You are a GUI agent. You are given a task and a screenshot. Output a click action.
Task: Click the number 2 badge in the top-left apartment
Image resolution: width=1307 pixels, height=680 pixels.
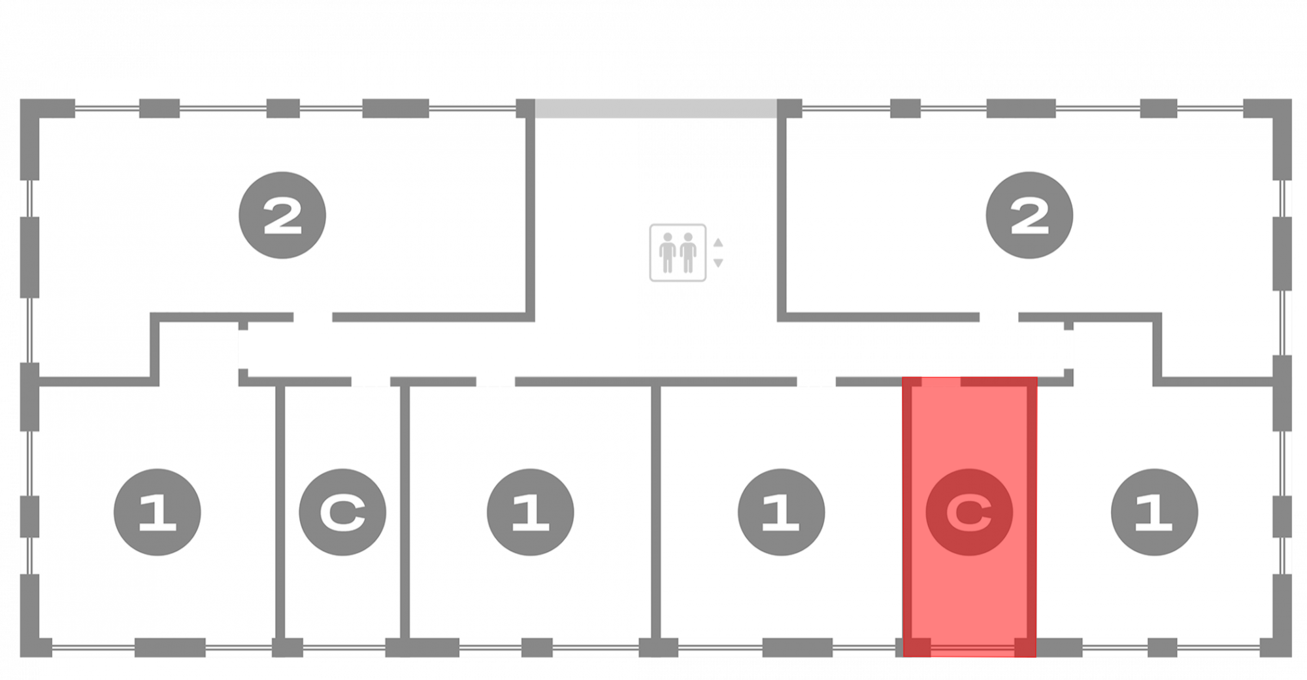[282, 215]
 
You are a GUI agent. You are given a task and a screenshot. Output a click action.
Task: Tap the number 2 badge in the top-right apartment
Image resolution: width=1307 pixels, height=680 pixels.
[1029, 215]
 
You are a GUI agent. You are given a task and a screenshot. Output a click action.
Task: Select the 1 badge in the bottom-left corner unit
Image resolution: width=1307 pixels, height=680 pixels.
[157, 512]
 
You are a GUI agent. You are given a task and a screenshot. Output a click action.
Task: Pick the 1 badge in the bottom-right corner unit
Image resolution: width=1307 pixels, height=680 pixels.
[1154, 512]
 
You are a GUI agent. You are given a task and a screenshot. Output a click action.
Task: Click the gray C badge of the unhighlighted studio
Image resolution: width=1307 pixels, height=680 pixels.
[342, 512]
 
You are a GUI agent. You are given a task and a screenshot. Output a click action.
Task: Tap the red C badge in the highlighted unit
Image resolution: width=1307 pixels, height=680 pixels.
[969, 512]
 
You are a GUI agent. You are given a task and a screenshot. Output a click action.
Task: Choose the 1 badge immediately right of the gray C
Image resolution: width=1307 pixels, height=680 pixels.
[530, 512]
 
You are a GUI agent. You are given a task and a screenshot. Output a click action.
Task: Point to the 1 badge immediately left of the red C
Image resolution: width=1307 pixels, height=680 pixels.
[781, 512]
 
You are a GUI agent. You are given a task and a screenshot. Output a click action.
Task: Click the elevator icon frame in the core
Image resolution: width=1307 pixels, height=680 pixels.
[678, 252]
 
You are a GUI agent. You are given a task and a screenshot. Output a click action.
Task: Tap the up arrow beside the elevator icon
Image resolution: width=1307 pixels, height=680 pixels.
[718, 243]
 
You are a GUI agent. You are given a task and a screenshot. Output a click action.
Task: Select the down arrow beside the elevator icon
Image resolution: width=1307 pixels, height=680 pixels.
[718, 263]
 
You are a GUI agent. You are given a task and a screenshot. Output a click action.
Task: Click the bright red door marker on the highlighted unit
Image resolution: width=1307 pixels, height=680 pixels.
[941, 381]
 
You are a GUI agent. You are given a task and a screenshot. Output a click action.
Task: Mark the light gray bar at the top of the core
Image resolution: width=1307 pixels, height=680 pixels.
[655, 108]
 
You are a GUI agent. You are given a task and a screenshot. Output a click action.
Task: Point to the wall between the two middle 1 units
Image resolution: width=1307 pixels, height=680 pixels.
[655, 510]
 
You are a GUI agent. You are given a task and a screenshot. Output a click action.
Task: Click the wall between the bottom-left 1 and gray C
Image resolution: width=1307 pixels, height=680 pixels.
[280, 510]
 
